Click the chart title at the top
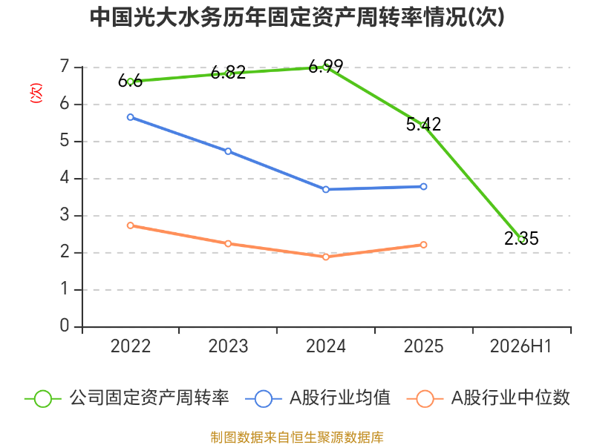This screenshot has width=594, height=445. (297, 17)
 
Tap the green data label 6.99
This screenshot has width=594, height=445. (326, 67)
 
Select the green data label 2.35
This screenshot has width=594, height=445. (521, 238)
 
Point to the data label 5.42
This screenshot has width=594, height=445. (423, 124)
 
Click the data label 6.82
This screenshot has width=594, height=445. (228, 72)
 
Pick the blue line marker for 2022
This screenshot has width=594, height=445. (131, 117)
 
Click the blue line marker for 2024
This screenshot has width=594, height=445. (326, 189)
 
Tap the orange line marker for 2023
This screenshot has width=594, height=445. (228, 243)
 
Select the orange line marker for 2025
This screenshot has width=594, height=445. (423, 245)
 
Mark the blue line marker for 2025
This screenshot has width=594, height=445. (423, 187)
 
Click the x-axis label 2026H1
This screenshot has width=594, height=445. (521, 346)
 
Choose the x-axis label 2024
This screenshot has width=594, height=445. (326, 346)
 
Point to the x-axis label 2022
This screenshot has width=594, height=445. (131, 346)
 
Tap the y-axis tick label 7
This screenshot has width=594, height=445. (65, 67)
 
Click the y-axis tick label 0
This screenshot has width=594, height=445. (65, 326)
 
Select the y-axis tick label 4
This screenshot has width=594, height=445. (65, 178)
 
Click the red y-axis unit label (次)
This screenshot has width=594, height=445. (36, 93)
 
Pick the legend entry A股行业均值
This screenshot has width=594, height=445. (319, 398)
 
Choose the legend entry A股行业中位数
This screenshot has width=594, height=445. (489, 398)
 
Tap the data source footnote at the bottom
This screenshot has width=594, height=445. (297, 438)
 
